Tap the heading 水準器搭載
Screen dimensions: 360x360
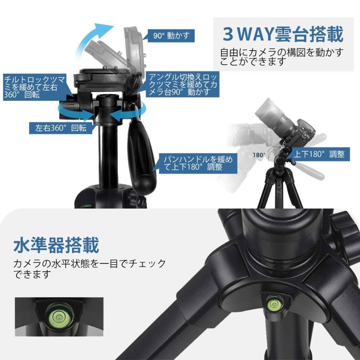(56, 245)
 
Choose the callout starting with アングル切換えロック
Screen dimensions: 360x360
(183, 85)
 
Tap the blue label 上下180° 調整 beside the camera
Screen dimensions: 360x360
(319, 154)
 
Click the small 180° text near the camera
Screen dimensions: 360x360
(259, 155)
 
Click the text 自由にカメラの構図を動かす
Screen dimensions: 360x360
(282, 53)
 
